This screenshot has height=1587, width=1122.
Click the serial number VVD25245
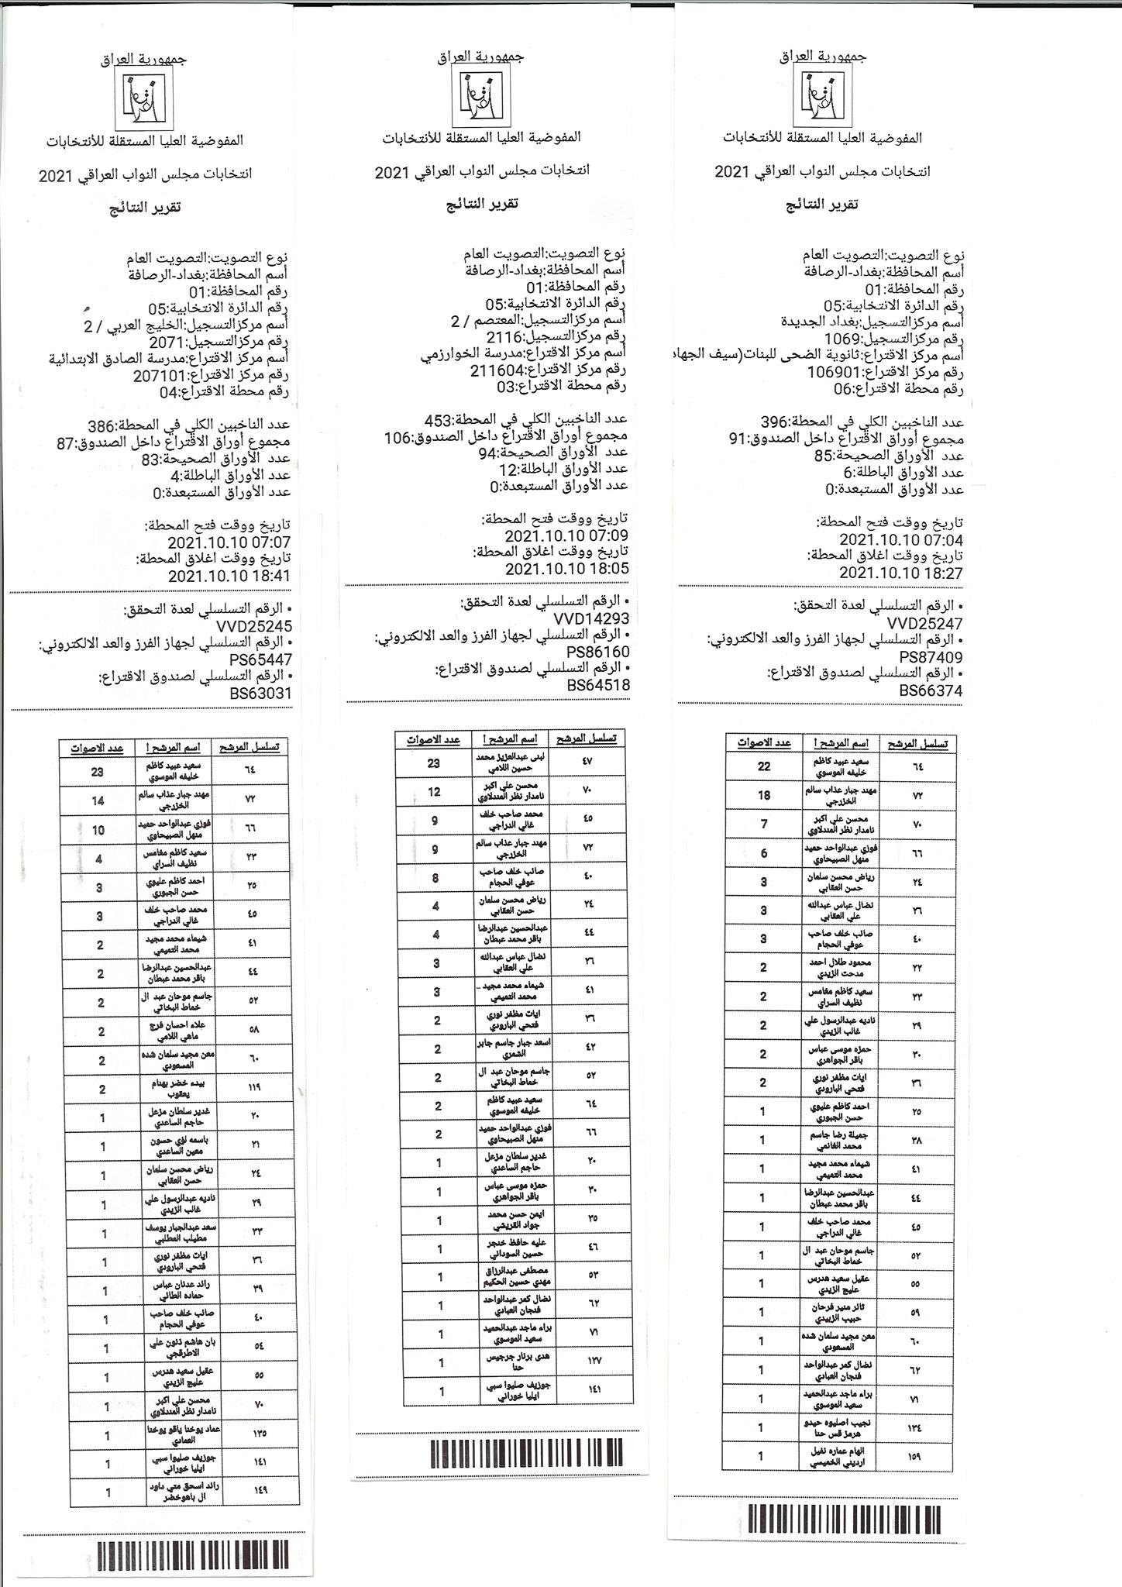coord(255,626)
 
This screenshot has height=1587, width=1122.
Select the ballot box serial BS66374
coord(931,690)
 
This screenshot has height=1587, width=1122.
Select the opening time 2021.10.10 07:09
coord(566,535)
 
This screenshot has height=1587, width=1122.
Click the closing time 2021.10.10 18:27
coord(901,573)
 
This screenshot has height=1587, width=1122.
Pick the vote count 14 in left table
coord(98,800)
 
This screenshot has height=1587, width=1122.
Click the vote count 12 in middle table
coord(434,791)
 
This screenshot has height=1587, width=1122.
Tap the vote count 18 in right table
coord(763,794)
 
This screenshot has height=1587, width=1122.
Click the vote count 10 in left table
coord(98,829)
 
